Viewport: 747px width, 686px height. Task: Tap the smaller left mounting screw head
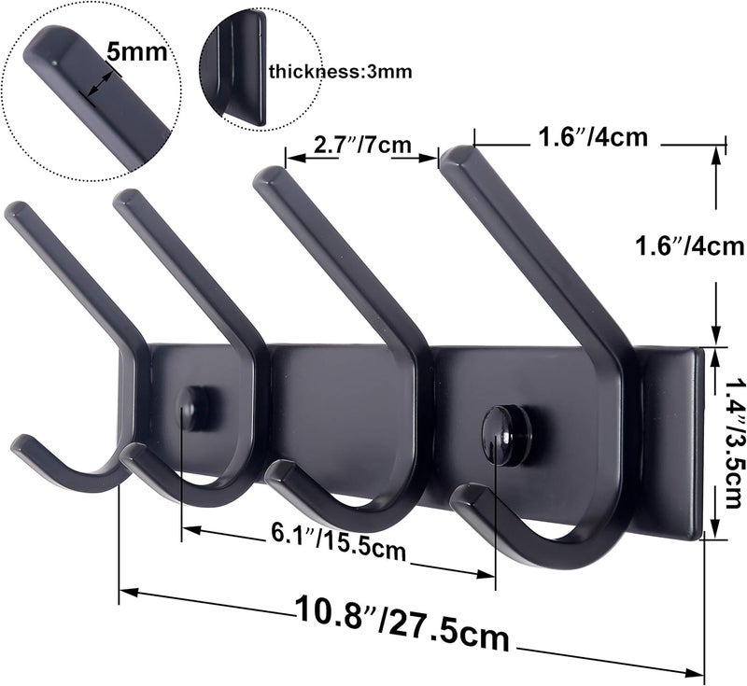192,406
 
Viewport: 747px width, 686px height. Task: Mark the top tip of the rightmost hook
460,154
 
